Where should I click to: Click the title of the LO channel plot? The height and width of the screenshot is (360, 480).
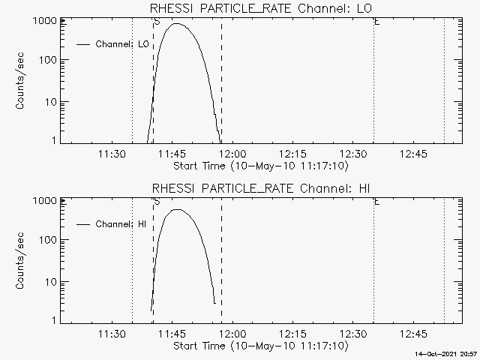coord(261,8)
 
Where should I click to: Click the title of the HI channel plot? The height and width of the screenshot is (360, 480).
coord(261,187)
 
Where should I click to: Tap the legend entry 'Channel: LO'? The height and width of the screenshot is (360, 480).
coord(123,44)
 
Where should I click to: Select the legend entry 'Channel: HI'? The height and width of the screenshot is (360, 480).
coord(122,224)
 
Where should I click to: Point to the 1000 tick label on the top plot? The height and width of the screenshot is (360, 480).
coord(43,20)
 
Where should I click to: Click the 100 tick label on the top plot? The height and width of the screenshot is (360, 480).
coord(46,60)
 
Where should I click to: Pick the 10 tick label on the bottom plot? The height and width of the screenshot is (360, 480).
coord(49,281)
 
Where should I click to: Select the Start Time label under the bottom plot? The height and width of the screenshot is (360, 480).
coord(260,346)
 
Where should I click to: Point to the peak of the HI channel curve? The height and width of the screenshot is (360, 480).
coord(178,210)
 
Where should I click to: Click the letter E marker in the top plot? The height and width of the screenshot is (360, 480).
coord(376,22)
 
